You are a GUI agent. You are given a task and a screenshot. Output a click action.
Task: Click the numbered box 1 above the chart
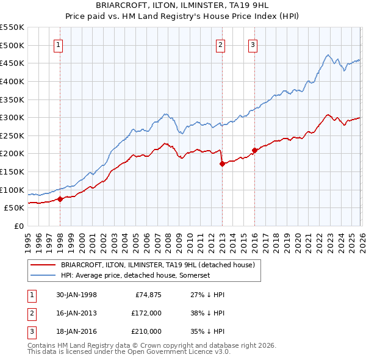click(x=59, y=44)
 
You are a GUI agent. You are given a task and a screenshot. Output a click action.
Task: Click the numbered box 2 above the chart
click(x=220, y=44)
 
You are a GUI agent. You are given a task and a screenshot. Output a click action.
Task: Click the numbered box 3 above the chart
click(x=253, y=44)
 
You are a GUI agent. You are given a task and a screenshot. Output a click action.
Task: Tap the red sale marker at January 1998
click(x=60, y=199)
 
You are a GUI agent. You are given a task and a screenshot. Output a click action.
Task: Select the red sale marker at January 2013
click(x=222, y=164)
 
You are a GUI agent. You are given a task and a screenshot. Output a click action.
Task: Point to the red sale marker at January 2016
click(x=254, y=150)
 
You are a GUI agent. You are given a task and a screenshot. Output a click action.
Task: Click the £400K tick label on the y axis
click(x=12, y=81)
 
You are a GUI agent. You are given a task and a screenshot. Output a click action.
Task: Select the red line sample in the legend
click(x=43, y=265)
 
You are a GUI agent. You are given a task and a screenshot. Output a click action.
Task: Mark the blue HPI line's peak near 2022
click(x=328, y=56)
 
